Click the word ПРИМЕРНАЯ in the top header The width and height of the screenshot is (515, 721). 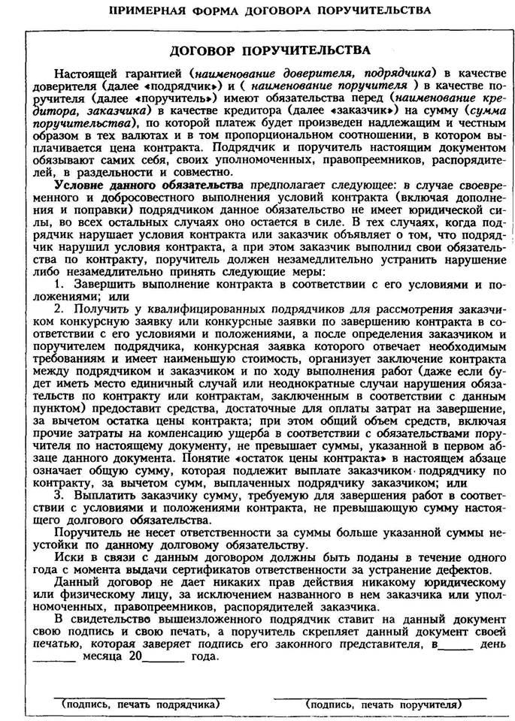click(x=146, y=11)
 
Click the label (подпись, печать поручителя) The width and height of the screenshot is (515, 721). click(x=383, y=705)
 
